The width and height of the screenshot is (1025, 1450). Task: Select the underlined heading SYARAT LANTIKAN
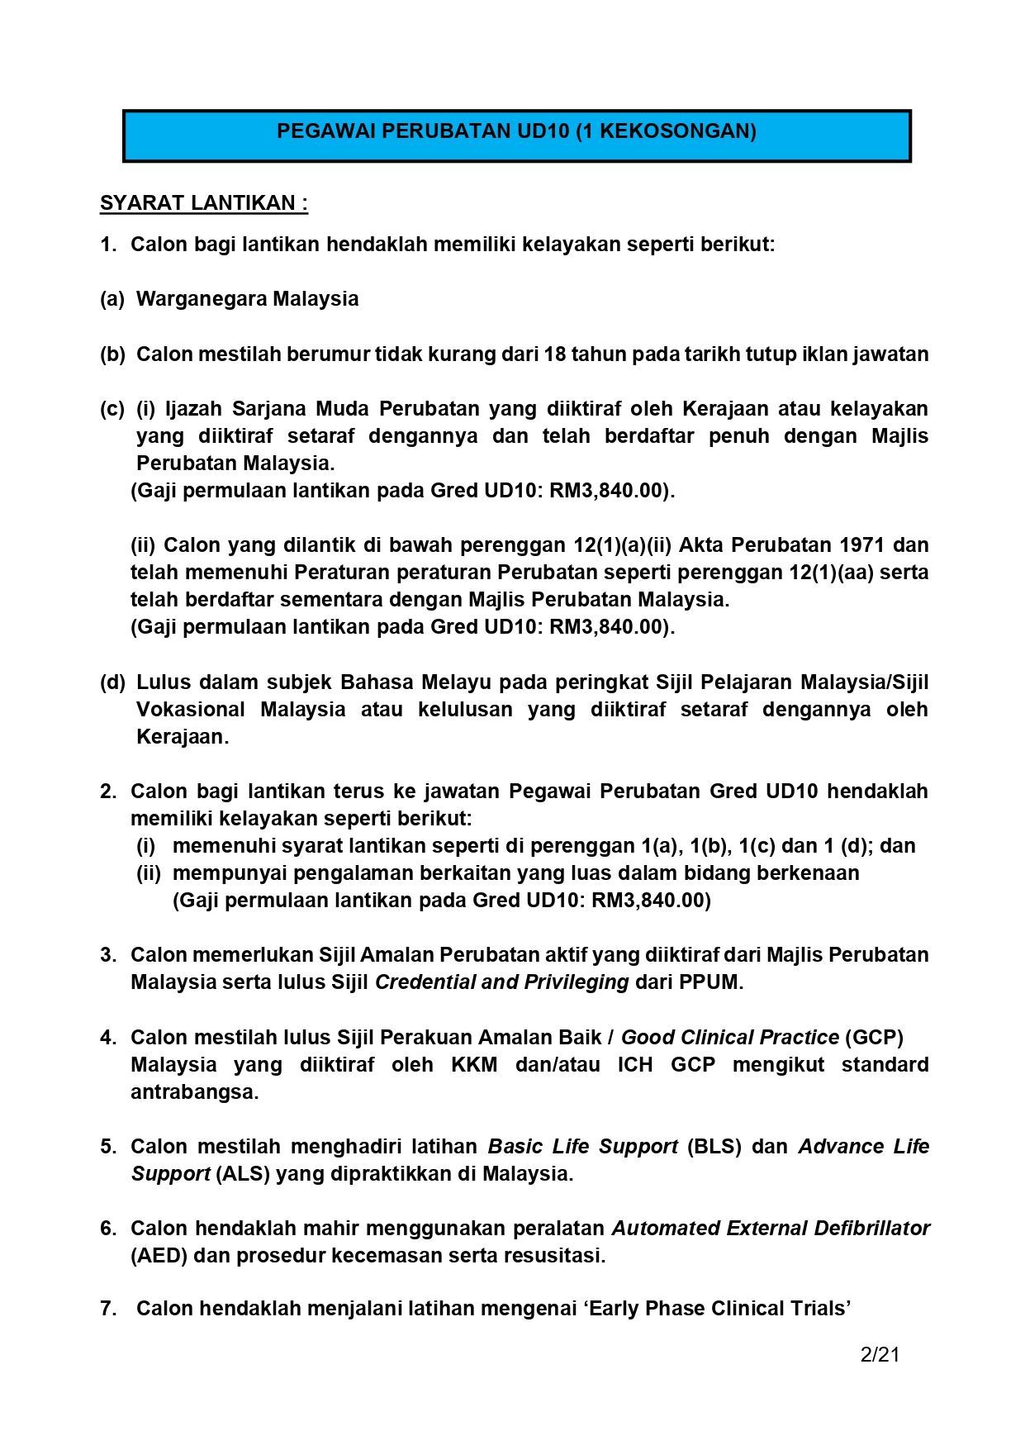click(203, 203)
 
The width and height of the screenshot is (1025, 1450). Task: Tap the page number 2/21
click(880, 1354)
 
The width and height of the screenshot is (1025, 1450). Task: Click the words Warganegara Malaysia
click(247, 299)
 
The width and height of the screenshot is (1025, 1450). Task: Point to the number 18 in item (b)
click(555, 354)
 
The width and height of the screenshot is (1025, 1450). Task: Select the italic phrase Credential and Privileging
click(501, 982)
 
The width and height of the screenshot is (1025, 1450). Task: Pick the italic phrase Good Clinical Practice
click(729, 1038)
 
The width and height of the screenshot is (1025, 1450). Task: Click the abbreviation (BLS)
click(714, 1147)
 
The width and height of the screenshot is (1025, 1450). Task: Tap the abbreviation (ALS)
click(243, 1174)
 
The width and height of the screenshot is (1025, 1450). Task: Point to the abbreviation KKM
click(474, 1065)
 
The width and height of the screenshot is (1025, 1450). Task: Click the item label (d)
click(112, 682)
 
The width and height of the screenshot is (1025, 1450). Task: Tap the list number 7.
click(107, 1309)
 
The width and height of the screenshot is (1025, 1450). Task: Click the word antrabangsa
click(194, 1092)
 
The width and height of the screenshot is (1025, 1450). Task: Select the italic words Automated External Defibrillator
click(771, 1229)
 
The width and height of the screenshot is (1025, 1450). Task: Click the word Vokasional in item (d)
click(190, 710)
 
